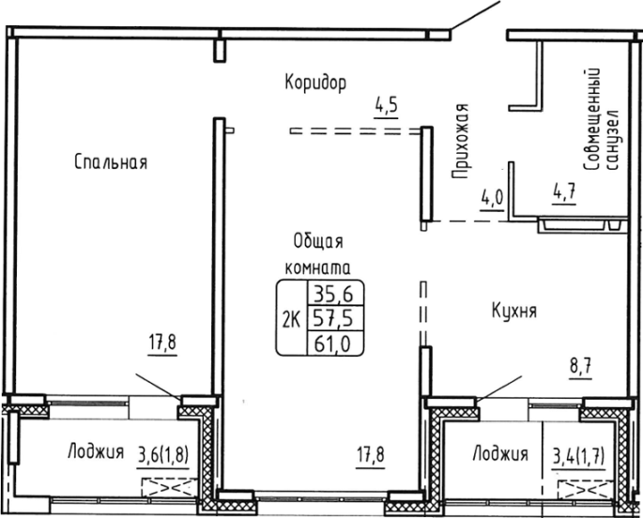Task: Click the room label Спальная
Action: (111, 161)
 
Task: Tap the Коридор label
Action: (315, 83)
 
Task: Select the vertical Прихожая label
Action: (461, 142)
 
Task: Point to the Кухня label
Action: (514, 311)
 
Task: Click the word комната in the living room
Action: (317, 267)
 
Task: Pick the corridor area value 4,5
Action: (386, 105)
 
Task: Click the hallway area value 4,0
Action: (492, 198)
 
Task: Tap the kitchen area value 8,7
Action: (580, 366)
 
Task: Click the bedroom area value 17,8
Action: (162, 343)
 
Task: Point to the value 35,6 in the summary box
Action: (333, 294)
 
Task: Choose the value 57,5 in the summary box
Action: (333, 318)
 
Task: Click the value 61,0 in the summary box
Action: (332, 343)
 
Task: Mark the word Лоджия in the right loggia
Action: (500, 453)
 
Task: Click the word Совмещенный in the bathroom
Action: (591, 119)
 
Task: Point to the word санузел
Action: (612, 139)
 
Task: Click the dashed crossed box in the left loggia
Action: (169, 488)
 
